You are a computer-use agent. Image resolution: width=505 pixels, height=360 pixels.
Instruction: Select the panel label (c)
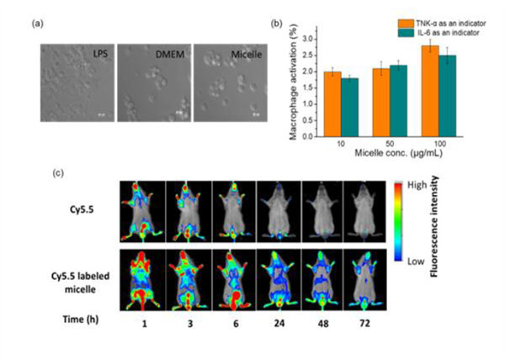pos(58,173)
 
